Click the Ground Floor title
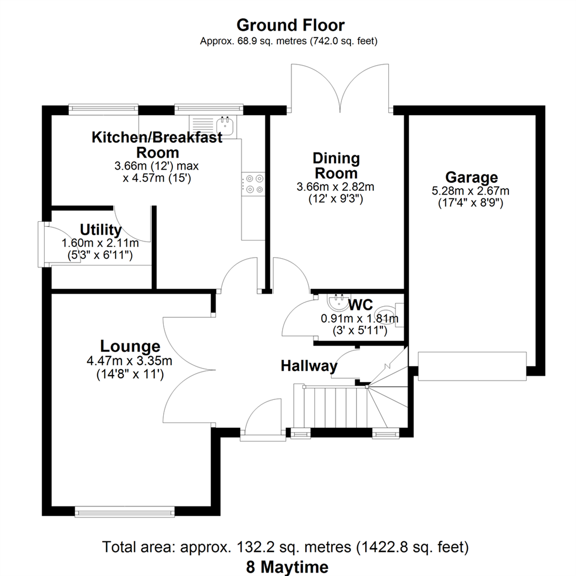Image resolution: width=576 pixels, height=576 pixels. point(290,25)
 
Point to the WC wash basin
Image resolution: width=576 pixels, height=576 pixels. point(337,303)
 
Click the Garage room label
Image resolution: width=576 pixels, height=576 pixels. point(471,177)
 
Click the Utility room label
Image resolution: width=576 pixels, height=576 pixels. point(100,230)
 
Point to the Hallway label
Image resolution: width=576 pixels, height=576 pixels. point(309,366)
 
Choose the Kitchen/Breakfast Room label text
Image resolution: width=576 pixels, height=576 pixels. point(157,145)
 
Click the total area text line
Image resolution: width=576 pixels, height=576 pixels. point(286,547)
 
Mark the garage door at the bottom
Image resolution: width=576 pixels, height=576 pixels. point(472,366)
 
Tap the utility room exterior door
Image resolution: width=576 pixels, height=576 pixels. point(42,244)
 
